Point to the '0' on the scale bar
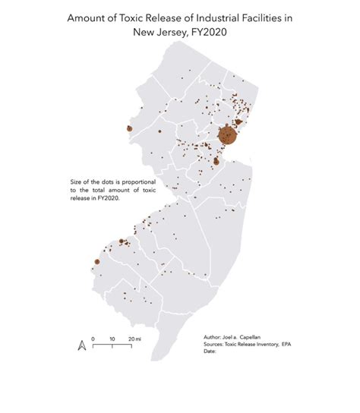click(x=93, y=338)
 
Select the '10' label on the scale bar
click(x=112, y=338)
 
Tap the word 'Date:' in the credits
click(x=210, y=351)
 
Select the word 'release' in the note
click(x=79, y=196)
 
